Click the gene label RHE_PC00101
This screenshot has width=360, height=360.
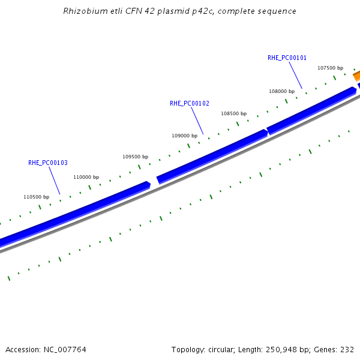287,58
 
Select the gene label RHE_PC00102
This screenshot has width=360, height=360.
190,103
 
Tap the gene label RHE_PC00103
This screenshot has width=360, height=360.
48,163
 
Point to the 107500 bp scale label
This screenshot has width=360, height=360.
330,68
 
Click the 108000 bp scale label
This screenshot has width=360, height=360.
281,91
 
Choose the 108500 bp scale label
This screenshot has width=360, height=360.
233,113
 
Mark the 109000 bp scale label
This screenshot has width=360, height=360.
185,136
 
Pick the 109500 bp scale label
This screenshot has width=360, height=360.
135,157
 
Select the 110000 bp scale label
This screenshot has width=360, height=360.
86,177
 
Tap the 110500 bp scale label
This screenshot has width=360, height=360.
36,197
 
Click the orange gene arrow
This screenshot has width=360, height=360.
356,76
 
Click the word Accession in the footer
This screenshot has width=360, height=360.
22,349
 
